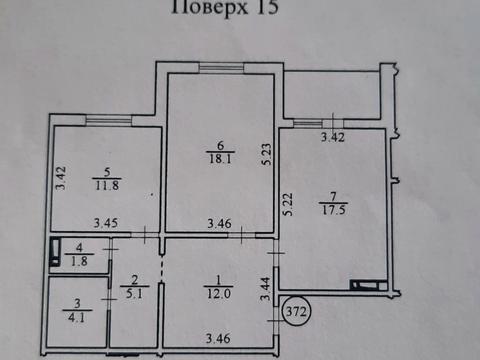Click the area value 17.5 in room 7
[x=326, y=209]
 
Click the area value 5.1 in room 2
[x=130, y=294]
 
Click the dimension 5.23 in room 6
[x=266, y=153]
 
